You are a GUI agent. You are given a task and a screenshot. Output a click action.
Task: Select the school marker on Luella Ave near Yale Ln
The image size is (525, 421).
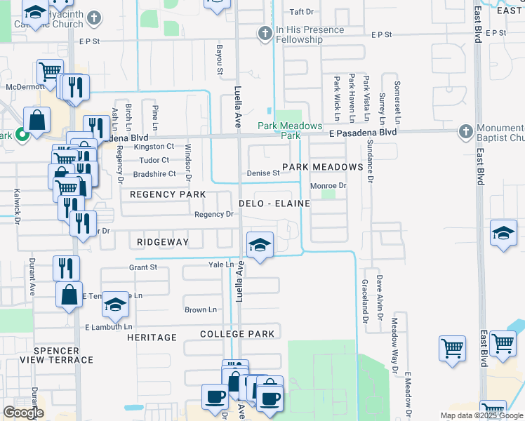click(x=260, y=245)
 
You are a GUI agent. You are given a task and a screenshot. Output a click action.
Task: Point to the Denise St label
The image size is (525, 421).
click(x=263, y=173)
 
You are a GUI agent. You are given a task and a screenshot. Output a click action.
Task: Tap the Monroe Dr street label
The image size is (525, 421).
click(x=329, y=186)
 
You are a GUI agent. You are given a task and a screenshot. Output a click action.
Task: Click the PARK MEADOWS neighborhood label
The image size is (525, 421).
click(x=322, y=167)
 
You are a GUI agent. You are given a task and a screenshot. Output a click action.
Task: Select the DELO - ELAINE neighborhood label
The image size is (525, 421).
click(x=274, y=203)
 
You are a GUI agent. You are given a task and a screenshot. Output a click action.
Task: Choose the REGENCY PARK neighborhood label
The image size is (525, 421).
click(x=168, y=194)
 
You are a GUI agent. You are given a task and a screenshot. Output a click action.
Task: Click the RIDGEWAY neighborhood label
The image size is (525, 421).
click(x=163, y=241)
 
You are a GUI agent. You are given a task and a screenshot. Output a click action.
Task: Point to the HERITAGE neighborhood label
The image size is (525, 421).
click(x=152, y=338)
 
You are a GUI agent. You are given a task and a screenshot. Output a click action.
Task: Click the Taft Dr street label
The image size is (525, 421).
click(x=301, y=12)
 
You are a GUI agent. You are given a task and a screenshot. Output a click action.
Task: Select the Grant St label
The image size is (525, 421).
click(x=142, y=267)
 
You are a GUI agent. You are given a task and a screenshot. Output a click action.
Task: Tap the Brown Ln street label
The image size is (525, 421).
click(x=196, y=309)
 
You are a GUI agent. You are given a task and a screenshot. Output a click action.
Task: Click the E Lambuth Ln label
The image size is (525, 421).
click(x=108, y=327)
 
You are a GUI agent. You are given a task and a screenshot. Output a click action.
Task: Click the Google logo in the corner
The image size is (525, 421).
click(x=23, y=413)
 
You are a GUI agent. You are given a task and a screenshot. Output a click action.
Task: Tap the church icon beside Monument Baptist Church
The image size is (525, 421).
click(x=465, y=131)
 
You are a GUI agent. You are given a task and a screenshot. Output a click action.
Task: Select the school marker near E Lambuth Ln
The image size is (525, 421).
click(x=116, y=305)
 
